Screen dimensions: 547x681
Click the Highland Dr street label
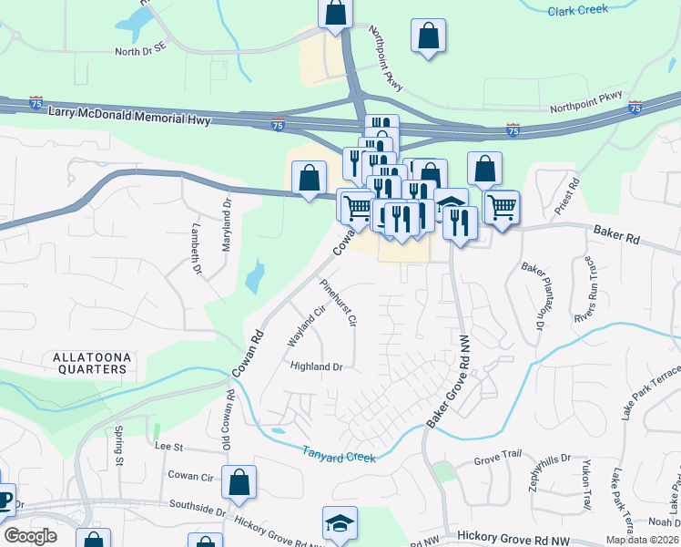click(316, 366)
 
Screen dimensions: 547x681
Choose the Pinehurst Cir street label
click(338, 304)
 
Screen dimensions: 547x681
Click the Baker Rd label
click(617, 235)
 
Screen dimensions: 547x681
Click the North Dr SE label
click(141, 52)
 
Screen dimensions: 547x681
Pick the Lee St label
click(169, 447)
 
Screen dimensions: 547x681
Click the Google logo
click(30, 536)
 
